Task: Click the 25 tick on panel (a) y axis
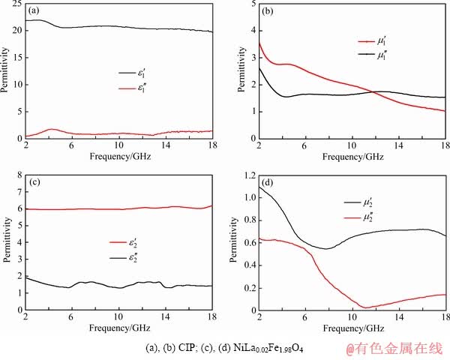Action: pyautogui.click(x=17, y=5)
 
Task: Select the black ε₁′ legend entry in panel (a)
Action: pyautogui.click(x=132, y=73)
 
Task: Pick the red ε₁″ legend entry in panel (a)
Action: pyautogui.click(x=132, y=90)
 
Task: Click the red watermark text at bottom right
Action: pyautogui.click(x=394, y=347)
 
